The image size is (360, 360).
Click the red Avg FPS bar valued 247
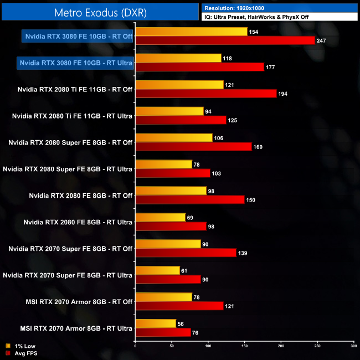pos(225,40)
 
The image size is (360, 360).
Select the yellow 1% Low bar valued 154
pos(191,32)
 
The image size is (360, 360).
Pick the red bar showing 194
pos(205,94)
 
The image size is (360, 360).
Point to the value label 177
pos(271,67)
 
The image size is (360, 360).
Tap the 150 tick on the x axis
pos(245,346)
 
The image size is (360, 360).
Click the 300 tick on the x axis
pos(353,346)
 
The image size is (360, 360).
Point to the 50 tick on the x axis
pos(172,346)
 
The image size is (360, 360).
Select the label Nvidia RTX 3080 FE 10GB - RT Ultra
pos(75,63)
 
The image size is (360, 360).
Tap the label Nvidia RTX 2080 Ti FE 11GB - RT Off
pos(75,89)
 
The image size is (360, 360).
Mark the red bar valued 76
pos(163,333)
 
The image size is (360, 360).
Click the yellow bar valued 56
pos(156,324)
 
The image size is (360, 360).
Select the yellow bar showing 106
pos(174,138)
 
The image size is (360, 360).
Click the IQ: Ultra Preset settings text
pos(255,17)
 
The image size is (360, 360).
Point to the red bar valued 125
pos(181,120)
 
